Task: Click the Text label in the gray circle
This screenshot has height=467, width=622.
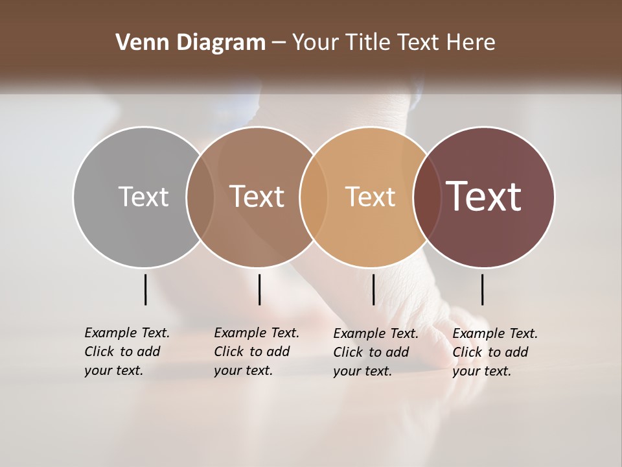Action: [x=143, y=197]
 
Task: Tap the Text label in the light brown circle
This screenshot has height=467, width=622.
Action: [x=257, y=197]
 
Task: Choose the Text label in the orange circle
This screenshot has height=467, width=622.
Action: [x=370, y=197]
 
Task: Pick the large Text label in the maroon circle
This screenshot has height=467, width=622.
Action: [x=484, y=197]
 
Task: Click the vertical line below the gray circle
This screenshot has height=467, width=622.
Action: [x=145, y=289]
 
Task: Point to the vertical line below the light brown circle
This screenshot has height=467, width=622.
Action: [x=259, y=289]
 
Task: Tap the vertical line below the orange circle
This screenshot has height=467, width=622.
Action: [x=373, y=289]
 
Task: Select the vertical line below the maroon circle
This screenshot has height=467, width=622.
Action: [x=482, y=289]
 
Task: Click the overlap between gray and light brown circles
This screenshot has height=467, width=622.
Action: [x=200, y=197]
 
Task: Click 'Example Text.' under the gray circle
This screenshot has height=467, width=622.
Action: [x=127, y=333]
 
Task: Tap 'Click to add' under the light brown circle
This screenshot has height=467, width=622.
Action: [x=251, y=352]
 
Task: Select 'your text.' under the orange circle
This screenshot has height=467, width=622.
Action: [x=362, y=371]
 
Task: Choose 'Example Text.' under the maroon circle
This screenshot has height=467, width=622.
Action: [x=495, y=333]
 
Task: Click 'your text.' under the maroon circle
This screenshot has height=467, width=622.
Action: [x=481, y=371]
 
